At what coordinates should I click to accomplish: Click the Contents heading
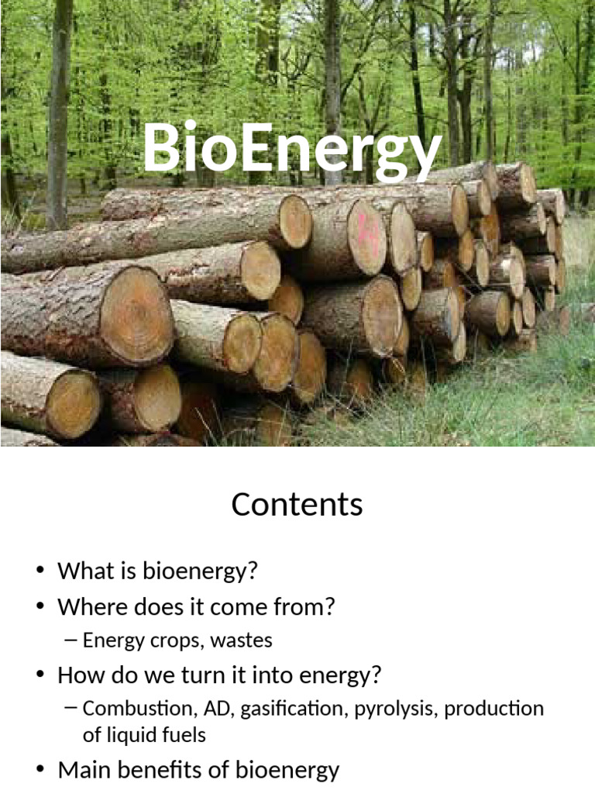[297, 505]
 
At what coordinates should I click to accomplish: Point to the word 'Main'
[83, 770]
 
